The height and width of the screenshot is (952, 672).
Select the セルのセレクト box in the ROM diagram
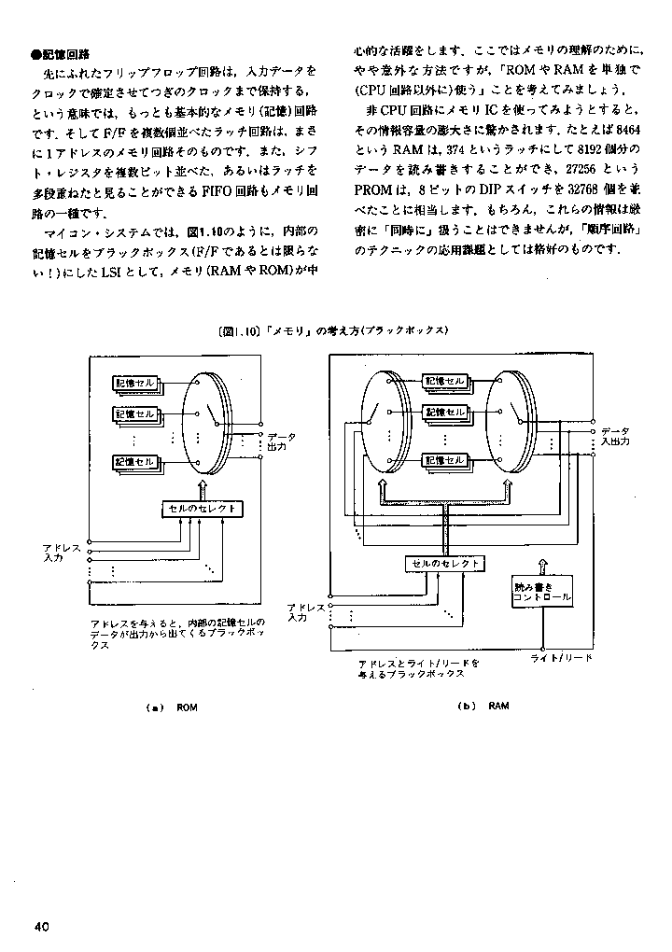[203, 509]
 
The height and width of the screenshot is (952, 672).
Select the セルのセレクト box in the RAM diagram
[444, 564]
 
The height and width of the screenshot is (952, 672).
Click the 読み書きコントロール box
[542, 591]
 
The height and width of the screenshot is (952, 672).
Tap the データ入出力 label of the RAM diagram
[614, 436]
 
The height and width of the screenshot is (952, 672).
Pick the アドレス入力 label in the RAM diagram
[306, 611]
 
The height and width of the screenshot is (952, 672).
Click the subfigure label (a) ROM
[173, 707]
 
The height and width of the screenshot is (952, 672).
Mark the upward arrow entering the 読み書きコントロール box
[540, 566]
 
